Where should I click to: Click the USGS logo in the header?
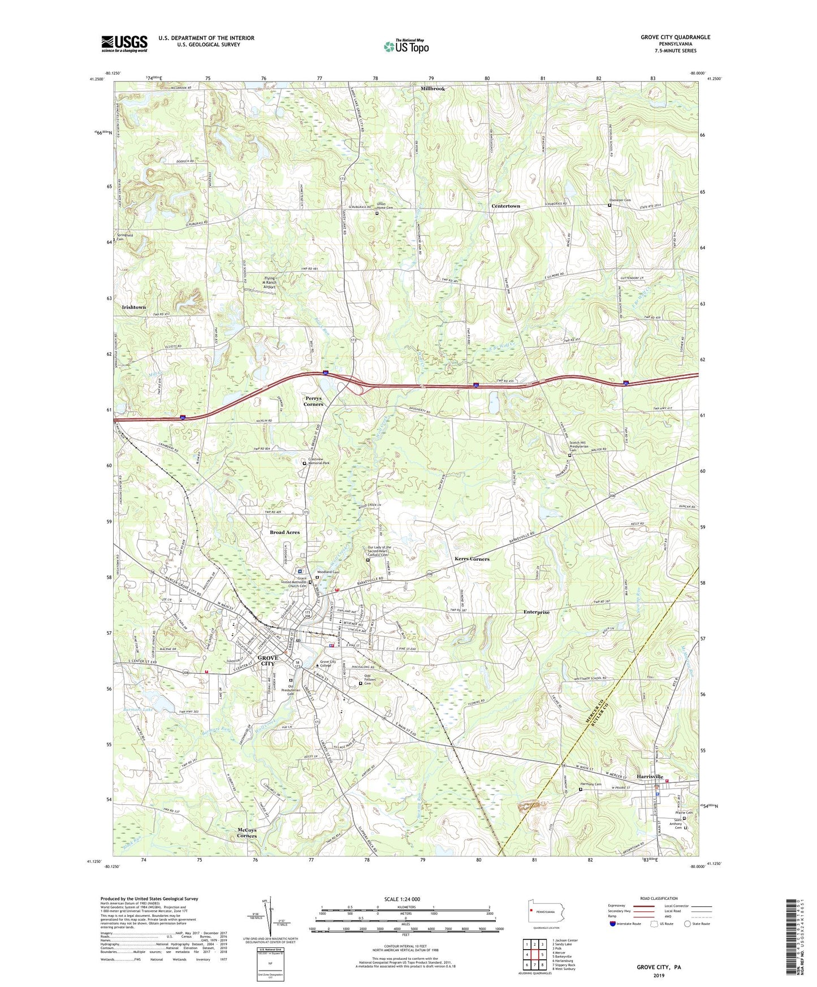click(124, 43)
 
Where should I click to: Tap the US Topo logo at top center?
click(406, 46)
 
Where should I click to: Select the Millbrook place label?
click(433, 89)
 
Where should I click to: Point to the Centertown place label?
click(505, 206)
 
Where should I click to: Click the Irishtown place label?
click(134, 307)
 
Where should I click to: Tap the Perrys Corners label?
click(313, 401)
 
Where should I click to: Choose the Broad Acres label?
click(284, 533)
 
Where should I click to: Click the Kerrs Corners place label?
click(472, 559)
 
